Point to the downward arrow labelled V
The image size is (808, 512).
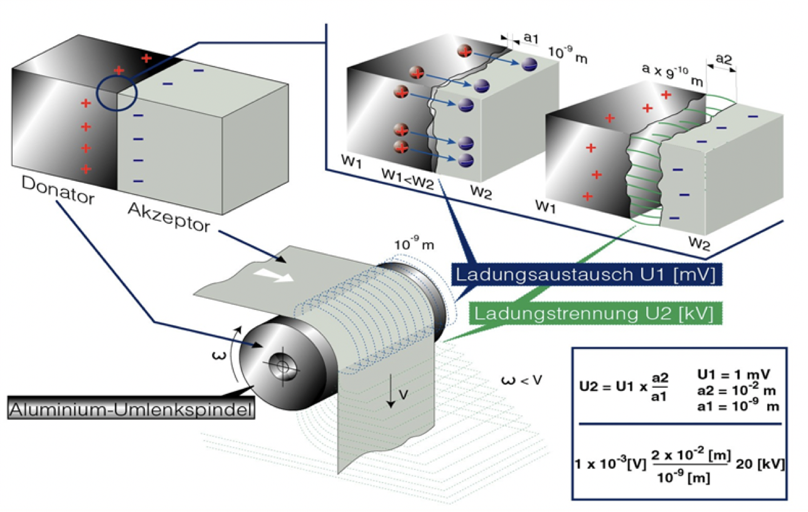[x=390, y=394]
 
